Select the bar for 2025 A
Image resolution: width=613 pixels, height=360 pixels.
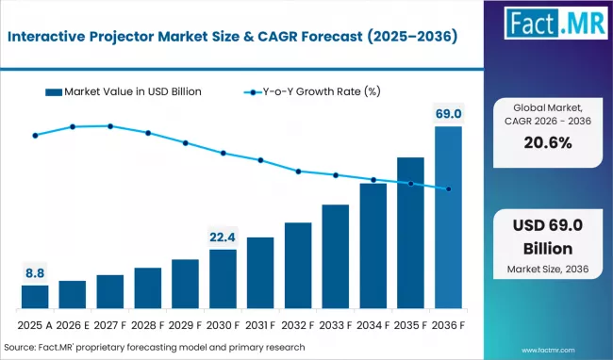click(x=35, y=298)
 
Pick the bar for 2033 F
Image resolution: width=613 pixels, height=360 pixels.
click(x=336, y=257)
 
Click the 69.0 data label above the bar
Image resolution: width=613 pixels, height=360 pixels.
click(x=448, y=114)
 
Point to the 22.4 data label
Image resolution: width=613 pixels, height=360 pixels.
click(x=223, y=237)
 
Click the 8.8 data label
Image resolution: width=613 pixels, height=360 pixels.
click(x=35, y=273)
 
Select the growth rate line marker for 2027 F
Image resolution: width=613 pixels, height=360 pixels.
click(x=110, y=125)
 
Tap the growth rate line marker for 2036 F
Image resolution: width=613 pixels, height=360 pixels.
click(x=448, y=189)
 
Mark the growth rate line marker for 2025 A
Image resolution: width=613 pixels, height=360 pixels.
click(x=35, y=136)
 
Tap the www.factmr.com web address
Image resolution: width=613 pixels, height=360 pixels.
click(x=576, y=348)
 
